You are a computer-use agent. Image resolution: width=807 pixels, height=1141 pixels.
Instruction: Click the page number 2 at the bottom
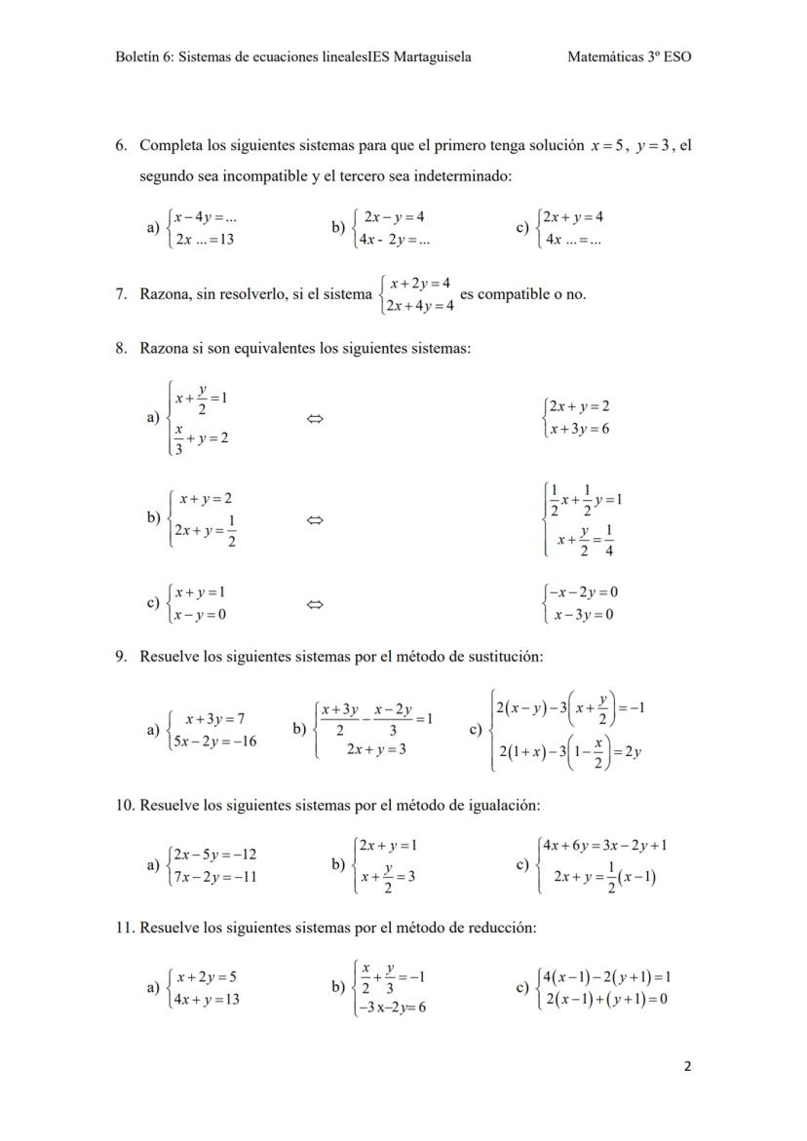(687, 1066)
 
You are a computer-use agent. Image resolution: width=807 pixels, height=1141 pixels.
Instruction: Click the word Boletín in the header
(137, 57)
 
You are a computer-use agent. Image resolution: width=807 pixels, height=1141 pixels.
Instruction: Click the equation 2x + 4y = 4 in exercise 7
(420, 306)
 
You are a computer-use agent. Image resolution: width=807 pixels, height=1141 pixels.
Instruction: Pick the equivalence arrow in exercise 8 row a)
(314, 419)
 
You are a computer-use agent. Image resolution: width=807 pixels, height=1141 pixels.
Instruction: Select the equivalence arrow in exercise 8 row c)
(314, 604)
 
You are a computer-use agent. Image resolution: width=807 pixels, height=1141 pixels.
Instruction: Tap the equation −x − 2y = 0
(583, 592)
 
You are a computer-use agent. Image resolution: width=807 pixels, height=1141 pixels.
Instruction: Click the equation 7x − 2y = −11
(214, 876)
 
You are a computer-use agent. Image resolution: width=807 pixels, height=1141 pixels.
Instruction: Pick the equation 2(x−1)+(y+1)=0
(606, 999)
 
